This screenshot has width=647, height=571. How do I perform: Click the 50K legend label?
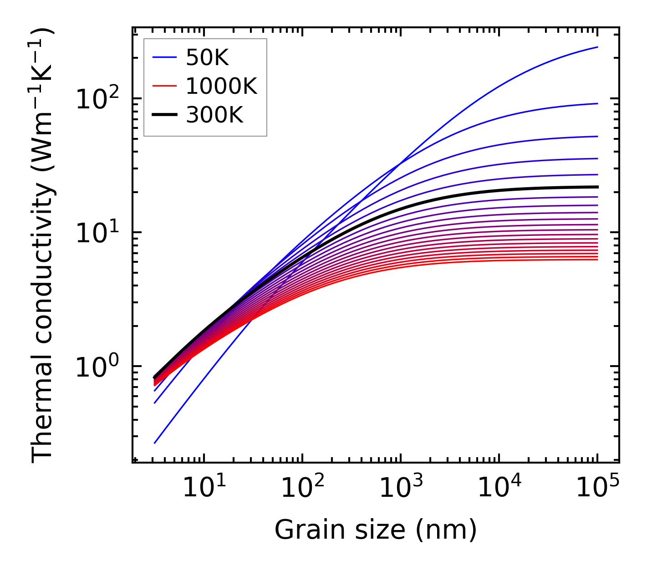[207, 58]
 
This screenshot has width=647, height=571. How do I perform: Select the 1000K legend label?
[221, 87]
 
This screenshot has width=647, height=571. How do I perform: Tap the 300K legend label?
[214, 116]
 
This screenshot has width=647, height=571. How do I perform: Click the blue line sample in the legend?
[164, 58]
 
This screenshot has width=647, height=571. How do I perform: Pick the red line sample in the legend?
[164, 87]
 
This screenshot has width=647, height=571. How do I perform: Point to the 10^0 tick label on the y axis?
[97, 367]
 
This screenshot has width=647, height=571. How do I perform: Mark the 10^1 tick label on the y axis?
[97, 233]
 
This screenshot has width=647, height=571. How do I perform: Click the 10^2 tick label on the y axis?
[97, 99]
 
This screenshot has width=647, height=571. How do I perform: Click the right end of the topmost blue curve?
[597, 47]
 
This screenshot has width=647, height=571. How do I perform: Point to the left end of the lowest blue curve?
[155, 443]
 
